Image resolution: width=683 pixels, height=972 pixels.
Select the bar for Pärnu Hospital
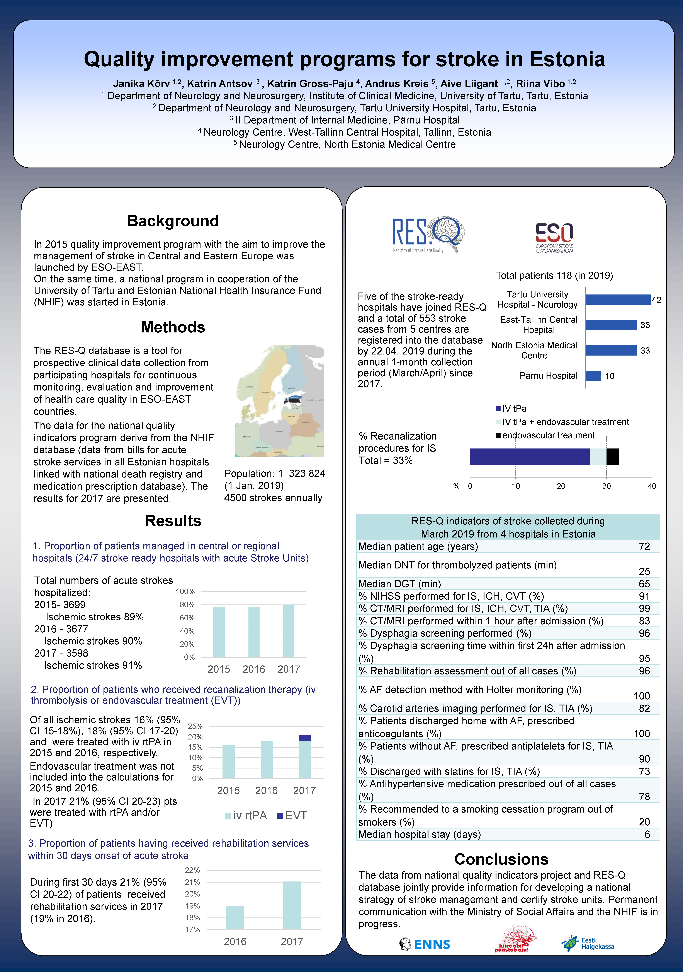click(x=593, y=375)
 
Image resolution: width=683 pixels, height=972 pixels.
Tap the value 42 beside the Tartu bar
click(x=656, y=300)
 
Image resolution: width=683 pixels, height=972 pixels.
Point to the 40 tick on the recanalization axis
click(x=652, y=486)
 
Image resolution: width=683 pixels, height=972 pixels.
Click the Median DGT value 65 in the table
click(x=644, y=584)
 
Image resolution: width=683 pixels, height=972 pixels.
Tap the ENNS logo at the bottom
click(x=425, y=944)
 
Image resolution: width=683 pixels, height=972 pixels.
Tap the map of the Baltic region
click(x=279, y=401)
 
